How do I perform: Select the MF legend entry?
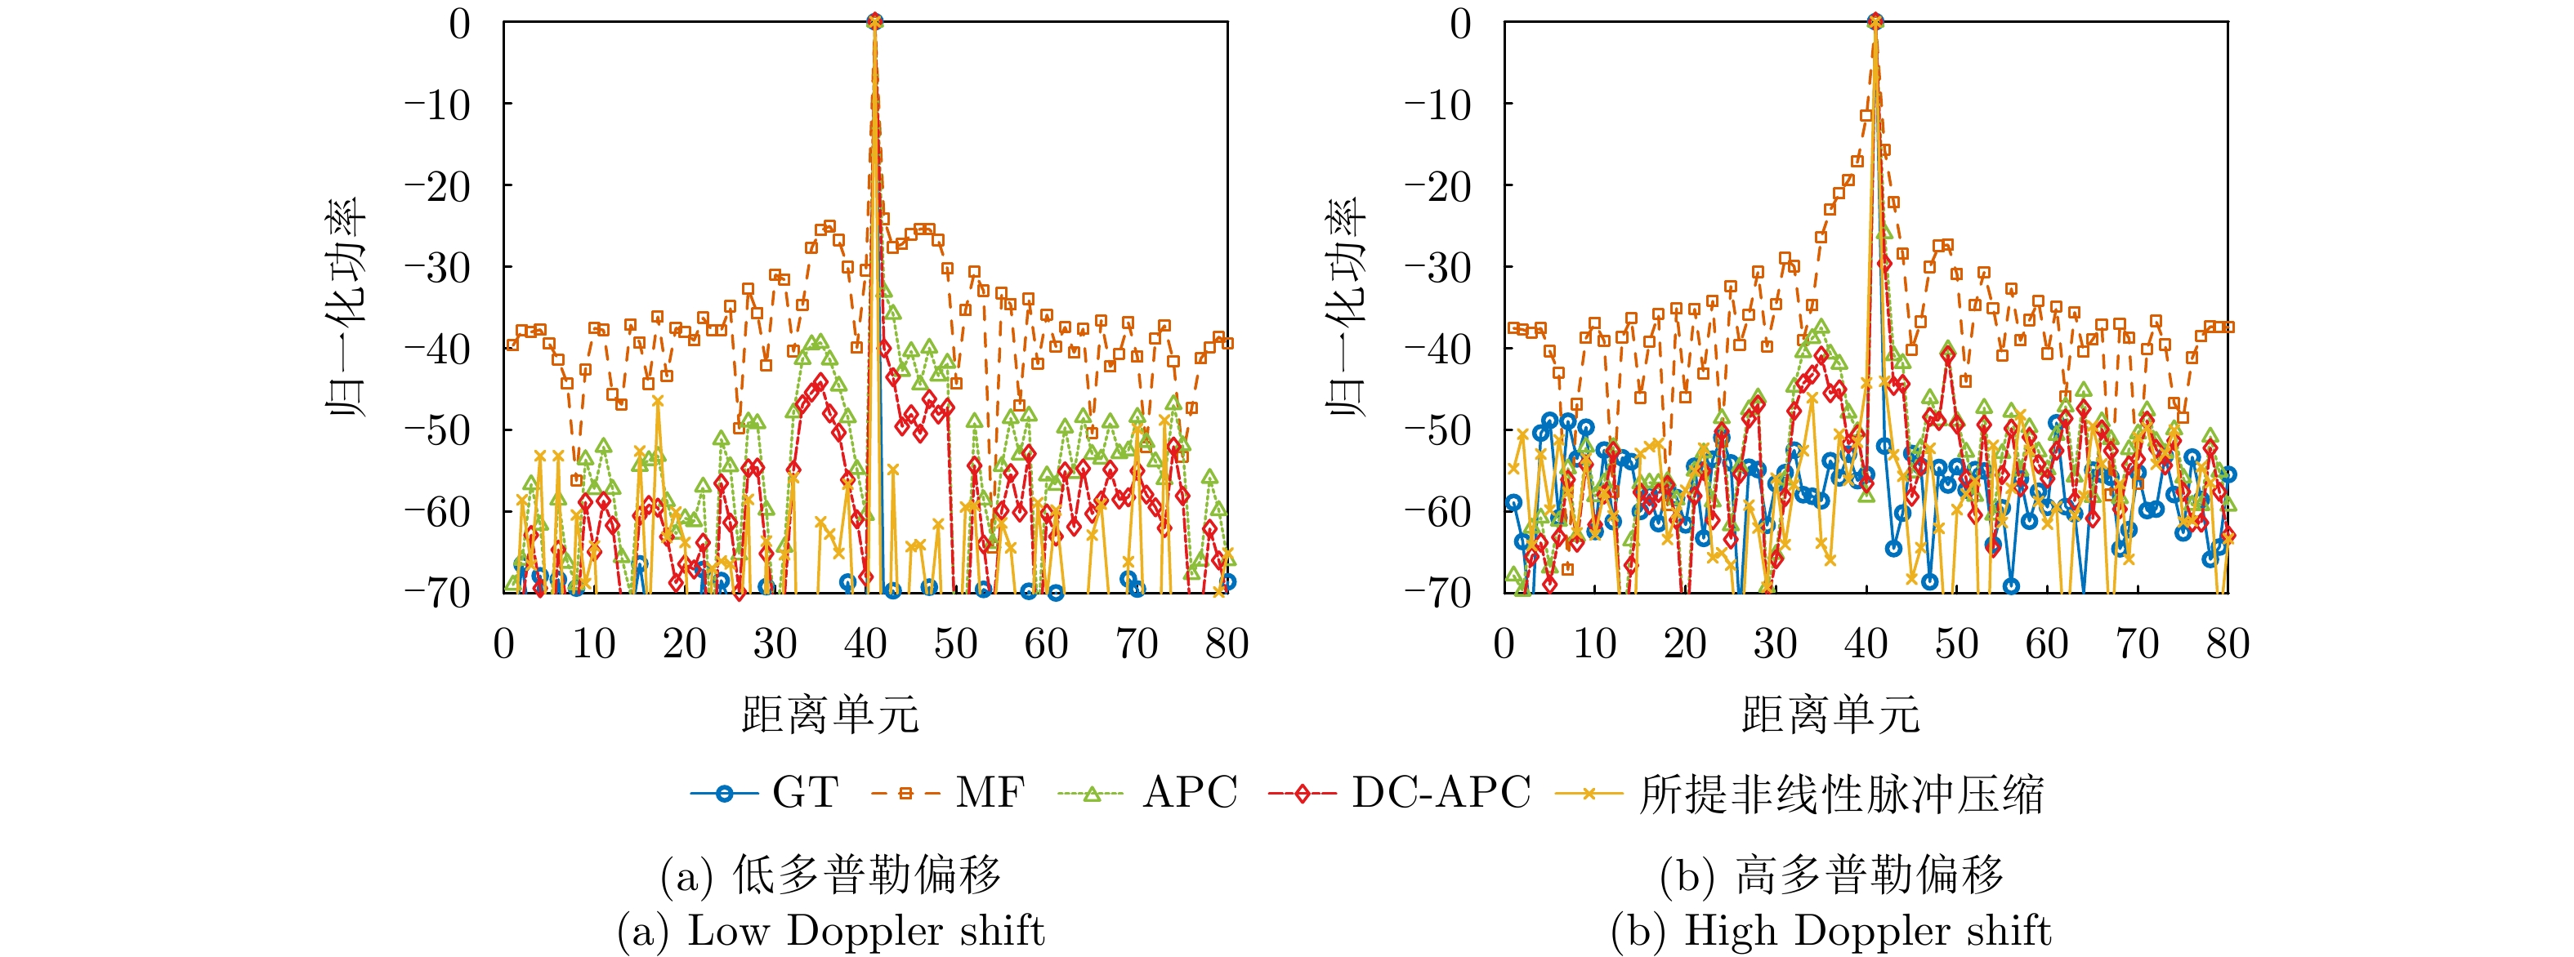pyautogui.click(x=947, y=793)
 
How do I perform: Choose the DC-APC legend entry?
pyautogui.click(x=1399, y=793)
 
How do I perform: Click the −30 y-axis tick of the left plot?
pyautogui.click(x=438, y=268)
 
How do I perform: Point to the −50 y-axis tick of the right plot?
pyautogui.click(x=1439, y=430)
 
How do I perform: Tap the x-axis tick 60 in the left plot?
pyautogui.click(x=1046, y=644)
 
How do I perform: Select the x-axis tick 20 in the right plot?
pyautogui.click(x=1685, y=644)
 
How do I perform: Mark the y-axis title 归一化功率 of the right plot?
pyautogui.click(x=1347, y=307)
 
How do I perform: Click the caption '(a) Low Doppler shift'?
pyautogui.click(x=830, y=931)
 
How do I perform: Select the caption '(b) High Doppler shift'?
pyautogui.click(x=1830, y=931)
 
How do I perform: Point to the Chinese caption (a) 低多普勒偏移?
pyautogui.click(x=830, y=875)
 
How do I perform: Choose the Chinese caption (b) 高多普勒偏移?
pyautogui.click(x=1830, y=875)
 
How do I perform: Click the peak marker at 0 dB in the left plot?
pyautogui.click(x=874, y=21)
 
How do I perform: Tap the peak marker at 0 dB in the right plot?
pyautogui.click(x=1875, y=21)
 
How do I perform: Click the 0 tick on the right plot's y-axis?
pyautogui.click(x=1460, y=23)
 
